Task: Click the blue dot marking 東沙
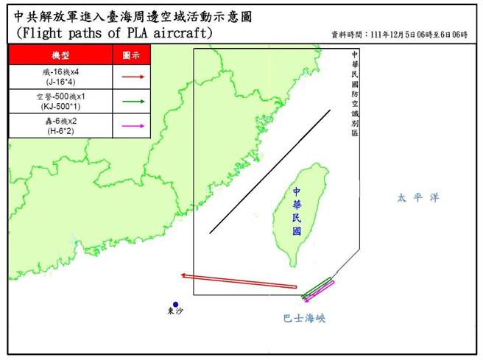(175, 305)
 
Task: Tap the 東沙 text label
(175, 314)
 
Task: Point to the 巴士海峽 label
(304, 319)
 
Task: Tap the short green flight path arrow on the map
(316, 288)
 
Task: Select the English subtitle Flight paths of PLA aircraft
(114, 33)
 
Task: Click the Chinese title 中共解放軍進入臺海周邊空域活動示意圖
(133, 15)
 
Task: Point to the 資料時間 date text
(401, 35)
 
